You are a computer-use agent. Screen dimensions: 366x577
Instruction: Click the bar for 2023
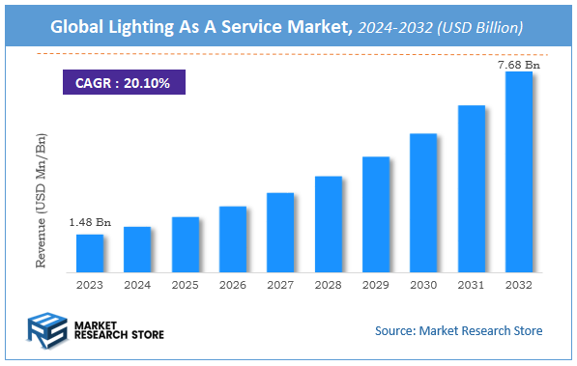tap(90, 253)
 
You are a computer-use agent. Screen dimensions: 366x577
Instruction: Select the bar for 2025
tap(186, 244)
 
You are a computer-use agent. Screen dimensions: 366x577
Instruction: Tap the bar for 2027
tap(280, 232)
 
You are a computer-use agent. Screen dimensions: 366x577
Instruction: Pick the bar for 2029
tap(376, 213)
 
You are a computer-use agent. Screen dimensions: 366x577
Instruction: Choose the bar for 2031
tap(471, 188)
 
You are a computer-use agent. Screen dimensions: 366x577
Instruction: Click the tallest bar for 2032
tap(519, 171)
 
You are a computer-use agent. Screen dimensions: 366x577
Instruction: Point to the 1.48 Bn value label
tap(90, 223)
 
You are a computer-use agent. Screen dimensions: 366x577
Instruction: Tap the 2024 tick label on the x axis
tap(137, 285)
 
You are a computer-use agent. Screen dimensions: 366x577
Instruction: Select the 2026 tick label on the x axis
tap(233, 285)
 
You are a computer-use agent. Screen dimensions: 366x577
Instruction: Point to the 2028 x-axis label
tap(329, 285)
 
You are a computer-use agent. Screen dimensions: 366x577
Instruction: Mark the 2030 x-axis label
tap(423, 285)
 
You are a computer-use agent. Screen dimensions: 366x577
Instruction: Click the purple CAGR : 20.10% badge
tap(124, 83)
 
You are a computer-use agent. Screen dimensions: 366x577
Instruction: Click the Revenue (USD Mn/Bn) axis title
tap(41, 206)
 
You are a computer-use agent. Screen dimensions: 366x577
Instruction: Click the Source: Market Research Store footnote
tap(458, 330)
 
